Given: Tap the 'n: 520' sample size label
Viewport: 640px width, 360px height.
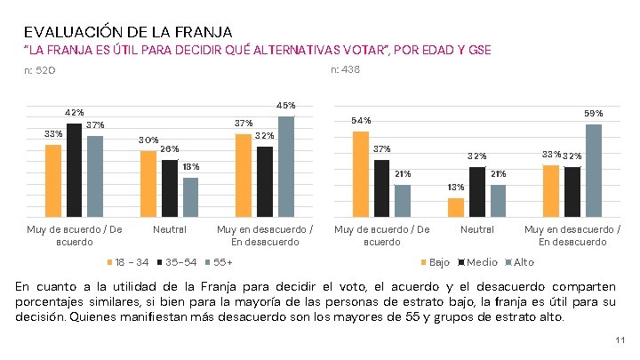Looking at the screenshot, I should point(40,70).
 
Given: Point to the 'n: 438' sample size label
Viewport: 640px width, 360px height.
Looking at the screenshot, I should point(345,70).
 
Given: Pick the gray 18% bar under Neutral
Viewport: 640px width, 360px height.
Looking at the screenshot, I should point(190,197).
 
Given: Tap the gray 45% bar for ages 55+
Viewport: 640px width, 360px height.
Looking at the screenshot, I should point(285,166).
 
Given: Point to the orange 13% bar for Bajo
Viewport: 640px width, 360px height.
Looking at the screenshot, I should point(455,207).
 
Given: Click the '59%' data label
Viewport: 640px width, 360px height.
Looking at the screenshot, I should point(593,114).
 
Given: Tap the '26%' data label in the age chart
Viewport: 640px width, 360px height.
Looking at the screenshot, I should point(170,148).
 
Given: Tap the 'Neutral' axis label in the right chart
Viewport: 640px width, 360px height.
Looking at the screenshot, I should point(477,229).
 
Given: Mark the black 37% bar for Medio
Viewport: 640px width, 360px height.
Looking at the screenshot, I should point(381,188).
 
